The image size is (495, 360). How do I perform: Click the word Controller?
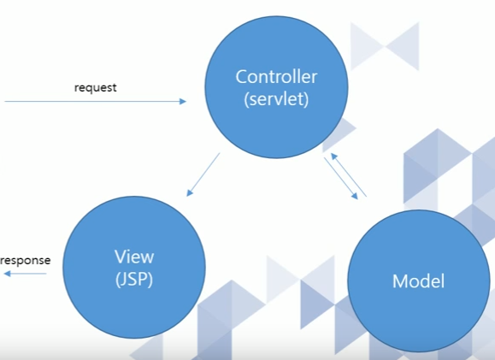pyautogui.click(x=276, y=77)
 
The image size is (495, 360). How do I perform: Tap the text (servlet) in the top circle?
pyautogui.click(x=276, y=99)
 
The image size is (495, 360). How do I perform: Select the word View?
pyautogui.click(x=134, y=257)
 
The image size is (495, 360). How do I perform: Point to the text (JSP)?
pyautogui.click(x=134, y=279)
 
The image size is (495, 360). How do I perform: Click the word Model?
pyautogui.click(x=418, y=280)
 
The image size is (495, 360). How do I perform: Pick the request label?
pyautogui.click(x=96, y=87)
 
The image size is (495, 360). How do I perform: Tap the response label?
pyautogui.click(x=26, y=261)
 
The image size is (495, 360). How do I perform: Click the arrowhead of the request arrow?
pyautogui.click(x=183, y=102)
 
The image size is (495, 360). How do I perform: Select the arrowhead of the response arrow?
pyautogui.click(x=7, y=274)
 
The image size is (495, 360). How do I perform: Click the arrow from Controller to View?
pyautogui.click(x=203, y=174)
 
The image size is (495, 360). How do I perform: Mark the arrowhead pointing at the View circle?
pyautogui.click(x=189, y=192)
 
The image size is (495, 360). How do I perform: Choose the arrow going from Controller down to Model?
pyautogui.click(x=341, y=179)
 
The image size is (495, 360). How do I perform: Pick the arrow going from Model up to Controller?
pyautogui.click(x=349, y=174)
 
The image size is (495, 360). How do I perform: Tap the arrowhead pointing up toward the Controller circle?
pyautogui.click(x=333, y=156)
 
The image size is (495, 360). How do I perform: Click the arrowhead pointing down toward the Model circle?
pyautogui.click(x=355, y=196)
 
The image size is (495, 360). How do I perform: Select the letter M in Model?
pyautogui.click(x=400, y=280)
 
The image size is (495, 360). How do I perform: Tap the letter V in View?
pyautogui.click(x=121, y=257)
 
